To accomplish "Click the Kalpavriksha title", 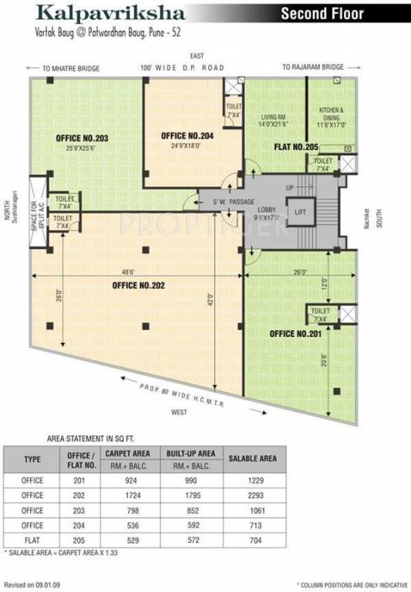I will tap(99, 14).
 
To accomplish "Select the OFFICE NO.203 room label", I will tap(83, 139).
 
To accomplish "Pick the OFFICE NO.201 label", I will tap(295, 334).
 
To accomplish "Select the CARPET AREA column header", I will tap(126, 453).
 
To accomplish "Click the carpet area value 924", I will tap(126, 480).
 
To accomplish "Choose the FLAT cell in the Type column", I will tap(32, 539).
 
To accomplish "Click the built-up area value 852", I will tap(190, 510).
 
